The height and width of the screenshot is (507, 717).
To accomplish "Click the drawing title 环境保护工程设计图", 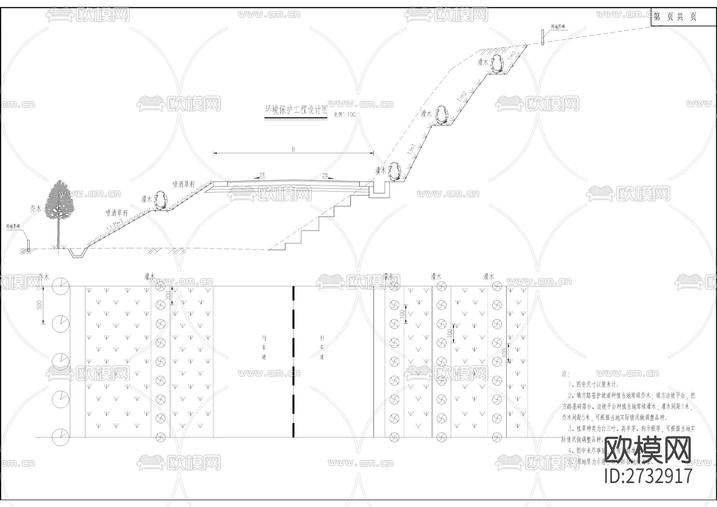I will [296, 110].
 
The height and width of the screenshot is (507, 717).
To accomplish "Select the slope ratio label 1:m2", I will [462, 96].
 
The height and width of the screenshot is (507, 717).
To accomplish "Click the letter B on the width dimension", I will [293, 149].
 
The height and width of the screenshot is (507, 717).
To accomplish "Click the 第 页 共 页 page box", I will [675, 17].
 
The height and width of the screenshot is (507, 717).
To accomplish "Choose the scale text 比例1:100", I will [344, 114].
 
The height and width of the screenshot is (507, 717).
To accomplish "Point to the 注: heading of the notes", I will [565, 374].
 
